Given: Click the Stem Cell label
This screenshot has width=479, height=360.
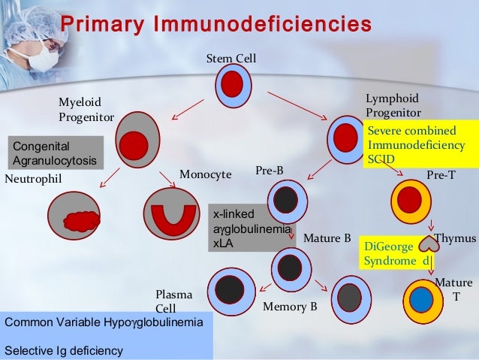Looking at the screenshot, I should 231,59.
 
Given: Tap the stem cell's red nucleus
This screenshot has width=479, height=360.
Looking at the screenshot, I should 231,85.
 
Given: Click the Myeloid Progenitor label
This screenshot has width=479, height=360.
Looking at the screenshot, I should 86,109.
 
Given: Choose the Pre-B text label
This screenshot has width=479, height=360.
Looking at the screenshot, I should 270,171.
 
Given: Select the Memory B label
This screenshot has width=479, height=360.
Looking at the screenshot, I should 290,307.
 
